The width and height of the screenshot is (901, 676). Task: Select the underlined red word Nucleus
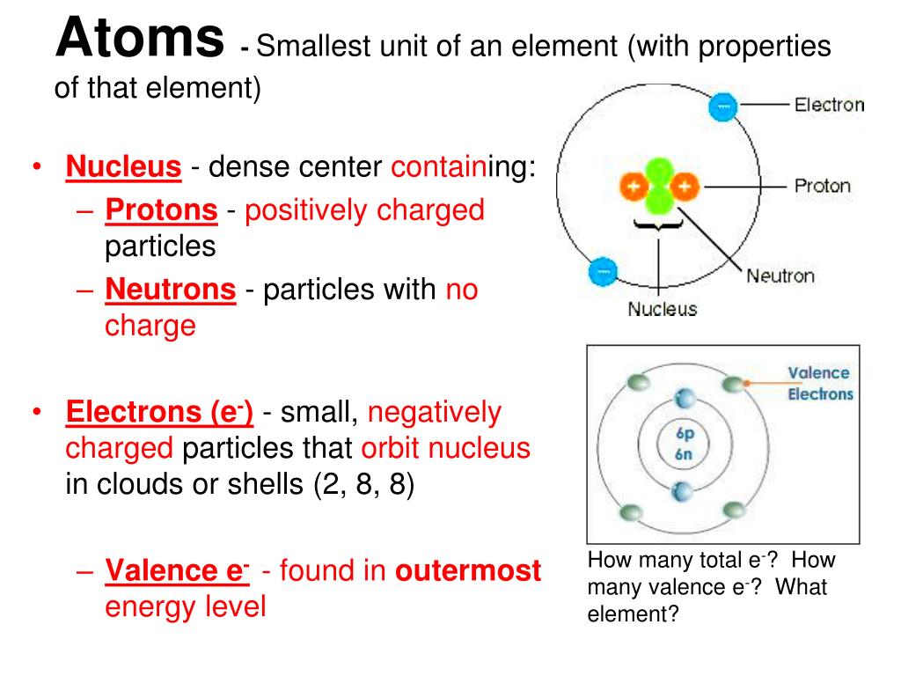click(124, 165)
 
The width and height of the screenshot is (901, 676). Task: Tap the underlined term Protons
click(161, 210)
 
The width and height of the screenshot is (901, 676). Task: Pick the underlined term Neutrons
click(171, 289)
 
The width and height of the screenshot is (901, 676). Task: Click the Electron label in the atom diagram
click(829, 106)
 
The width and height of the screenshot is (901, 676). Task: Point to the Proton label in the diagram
click(823, 186)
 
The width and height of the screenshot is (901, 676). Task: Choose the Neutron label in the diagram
click(780, 276)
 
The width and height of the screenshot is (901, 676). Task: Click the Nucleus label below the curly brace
click(662, 309)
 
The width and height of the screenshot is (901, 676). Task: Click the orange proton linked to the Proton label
click(687, 186)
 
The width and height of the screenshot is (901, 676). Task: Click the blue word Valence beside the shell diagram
click(818, 373)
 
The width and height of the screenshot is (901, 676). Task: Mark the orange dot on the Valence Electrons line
click(746, 384)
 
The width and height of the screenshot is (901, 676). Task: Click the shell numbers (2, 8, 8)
click(363, 485)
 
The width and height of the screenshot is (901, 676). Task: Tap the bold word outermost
click(468, 571)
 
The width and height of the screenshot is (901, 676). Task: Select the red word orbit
click(391, 448)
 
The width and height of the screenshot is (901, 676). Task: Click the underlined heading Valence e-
click(177, 571)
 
